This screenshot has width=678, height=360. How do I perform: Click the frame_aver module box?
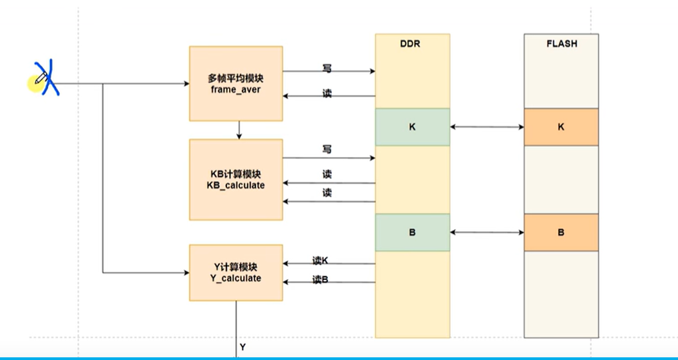coord(236,83)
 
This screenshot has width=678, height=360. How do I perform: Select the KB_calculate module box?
coord(236,179)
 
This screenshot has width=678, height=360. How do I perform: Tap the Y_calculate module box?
coord(236,273)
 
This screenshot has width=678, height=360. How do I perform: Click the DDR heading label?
coord(412,44)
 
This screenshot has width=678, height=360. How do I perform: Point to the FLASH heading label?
coord(560,44)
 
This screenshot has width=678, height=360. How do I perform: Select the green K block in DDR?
coord(412,127)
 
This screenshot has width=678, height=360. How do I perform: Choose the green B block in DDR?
coord(412,232)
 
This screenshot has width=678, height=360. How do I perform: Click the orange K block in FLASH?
coord(560,127)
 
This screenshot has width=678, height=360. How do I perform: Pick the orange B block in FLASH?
coord(560,232)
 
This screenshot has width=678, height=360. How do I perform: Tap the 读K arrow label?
coord(321,260)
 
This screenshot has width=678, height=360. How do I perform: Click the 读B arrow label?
coord(321,280)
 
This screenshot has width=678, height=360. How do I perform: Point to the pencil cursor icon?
coord(39,81)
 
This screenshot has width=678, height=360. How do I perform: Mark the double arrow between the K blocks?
coord(487,127)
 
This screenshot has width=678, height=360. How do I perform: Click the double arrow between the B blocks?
coord(487,232)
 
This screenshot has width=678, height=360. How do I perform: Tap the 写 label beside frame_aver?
coord(327,69)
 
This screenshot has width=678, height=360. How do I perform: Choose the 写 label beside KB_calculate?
coord(327,150)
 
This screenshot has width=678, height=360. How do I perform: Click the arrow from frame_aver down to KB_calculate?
coord(238,130)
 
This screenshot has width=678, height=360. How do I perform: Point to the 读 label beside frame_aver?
coord(327,94)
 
